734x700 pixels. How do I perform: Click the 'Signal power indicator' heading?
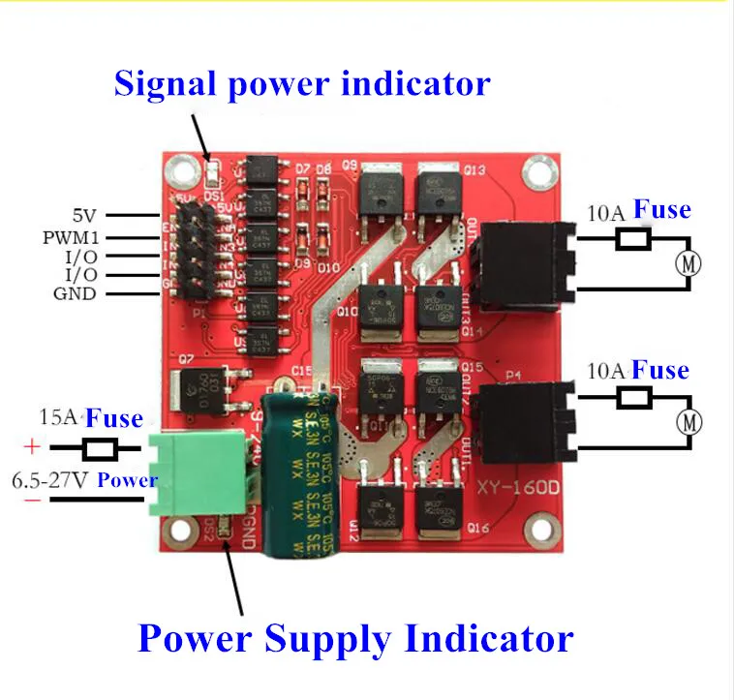pyautogui.click(x=302, y=83)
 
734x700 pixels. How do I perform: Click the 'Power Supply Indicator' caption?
pyautogui.click(x=355, y=639)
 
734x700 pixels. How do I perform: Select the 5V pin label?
pyautogui.click(x=85, y=216)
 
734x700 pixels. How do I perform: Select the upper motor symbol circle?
pyautogui.click(x=688, y=263)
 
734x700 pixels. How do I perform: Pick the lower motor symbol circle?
pyautogui.click(x=688, y=422)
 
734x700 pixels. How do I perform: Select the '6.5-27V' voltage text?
pyautogui.click(x=50, y=480)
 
